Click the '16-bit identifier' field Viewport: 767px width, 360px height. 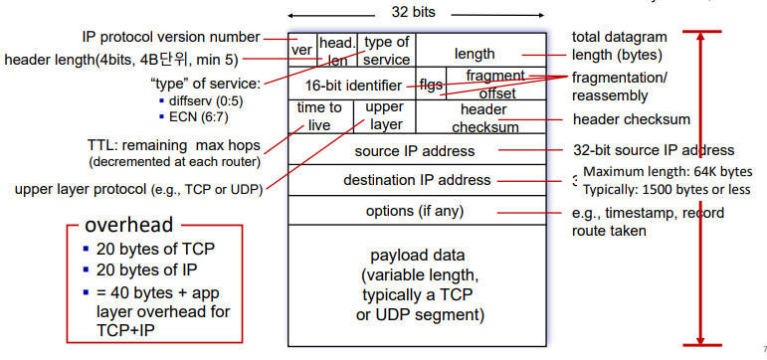(353, 85)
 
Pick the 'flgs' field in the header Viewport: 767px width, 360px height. (432, 85)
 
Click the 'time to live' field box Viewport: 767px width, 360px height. (319, 116)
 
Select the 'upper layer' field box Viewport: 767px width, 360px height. (385, 116)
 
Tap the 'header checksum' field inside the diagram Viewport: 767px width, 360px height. (484, 117)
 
